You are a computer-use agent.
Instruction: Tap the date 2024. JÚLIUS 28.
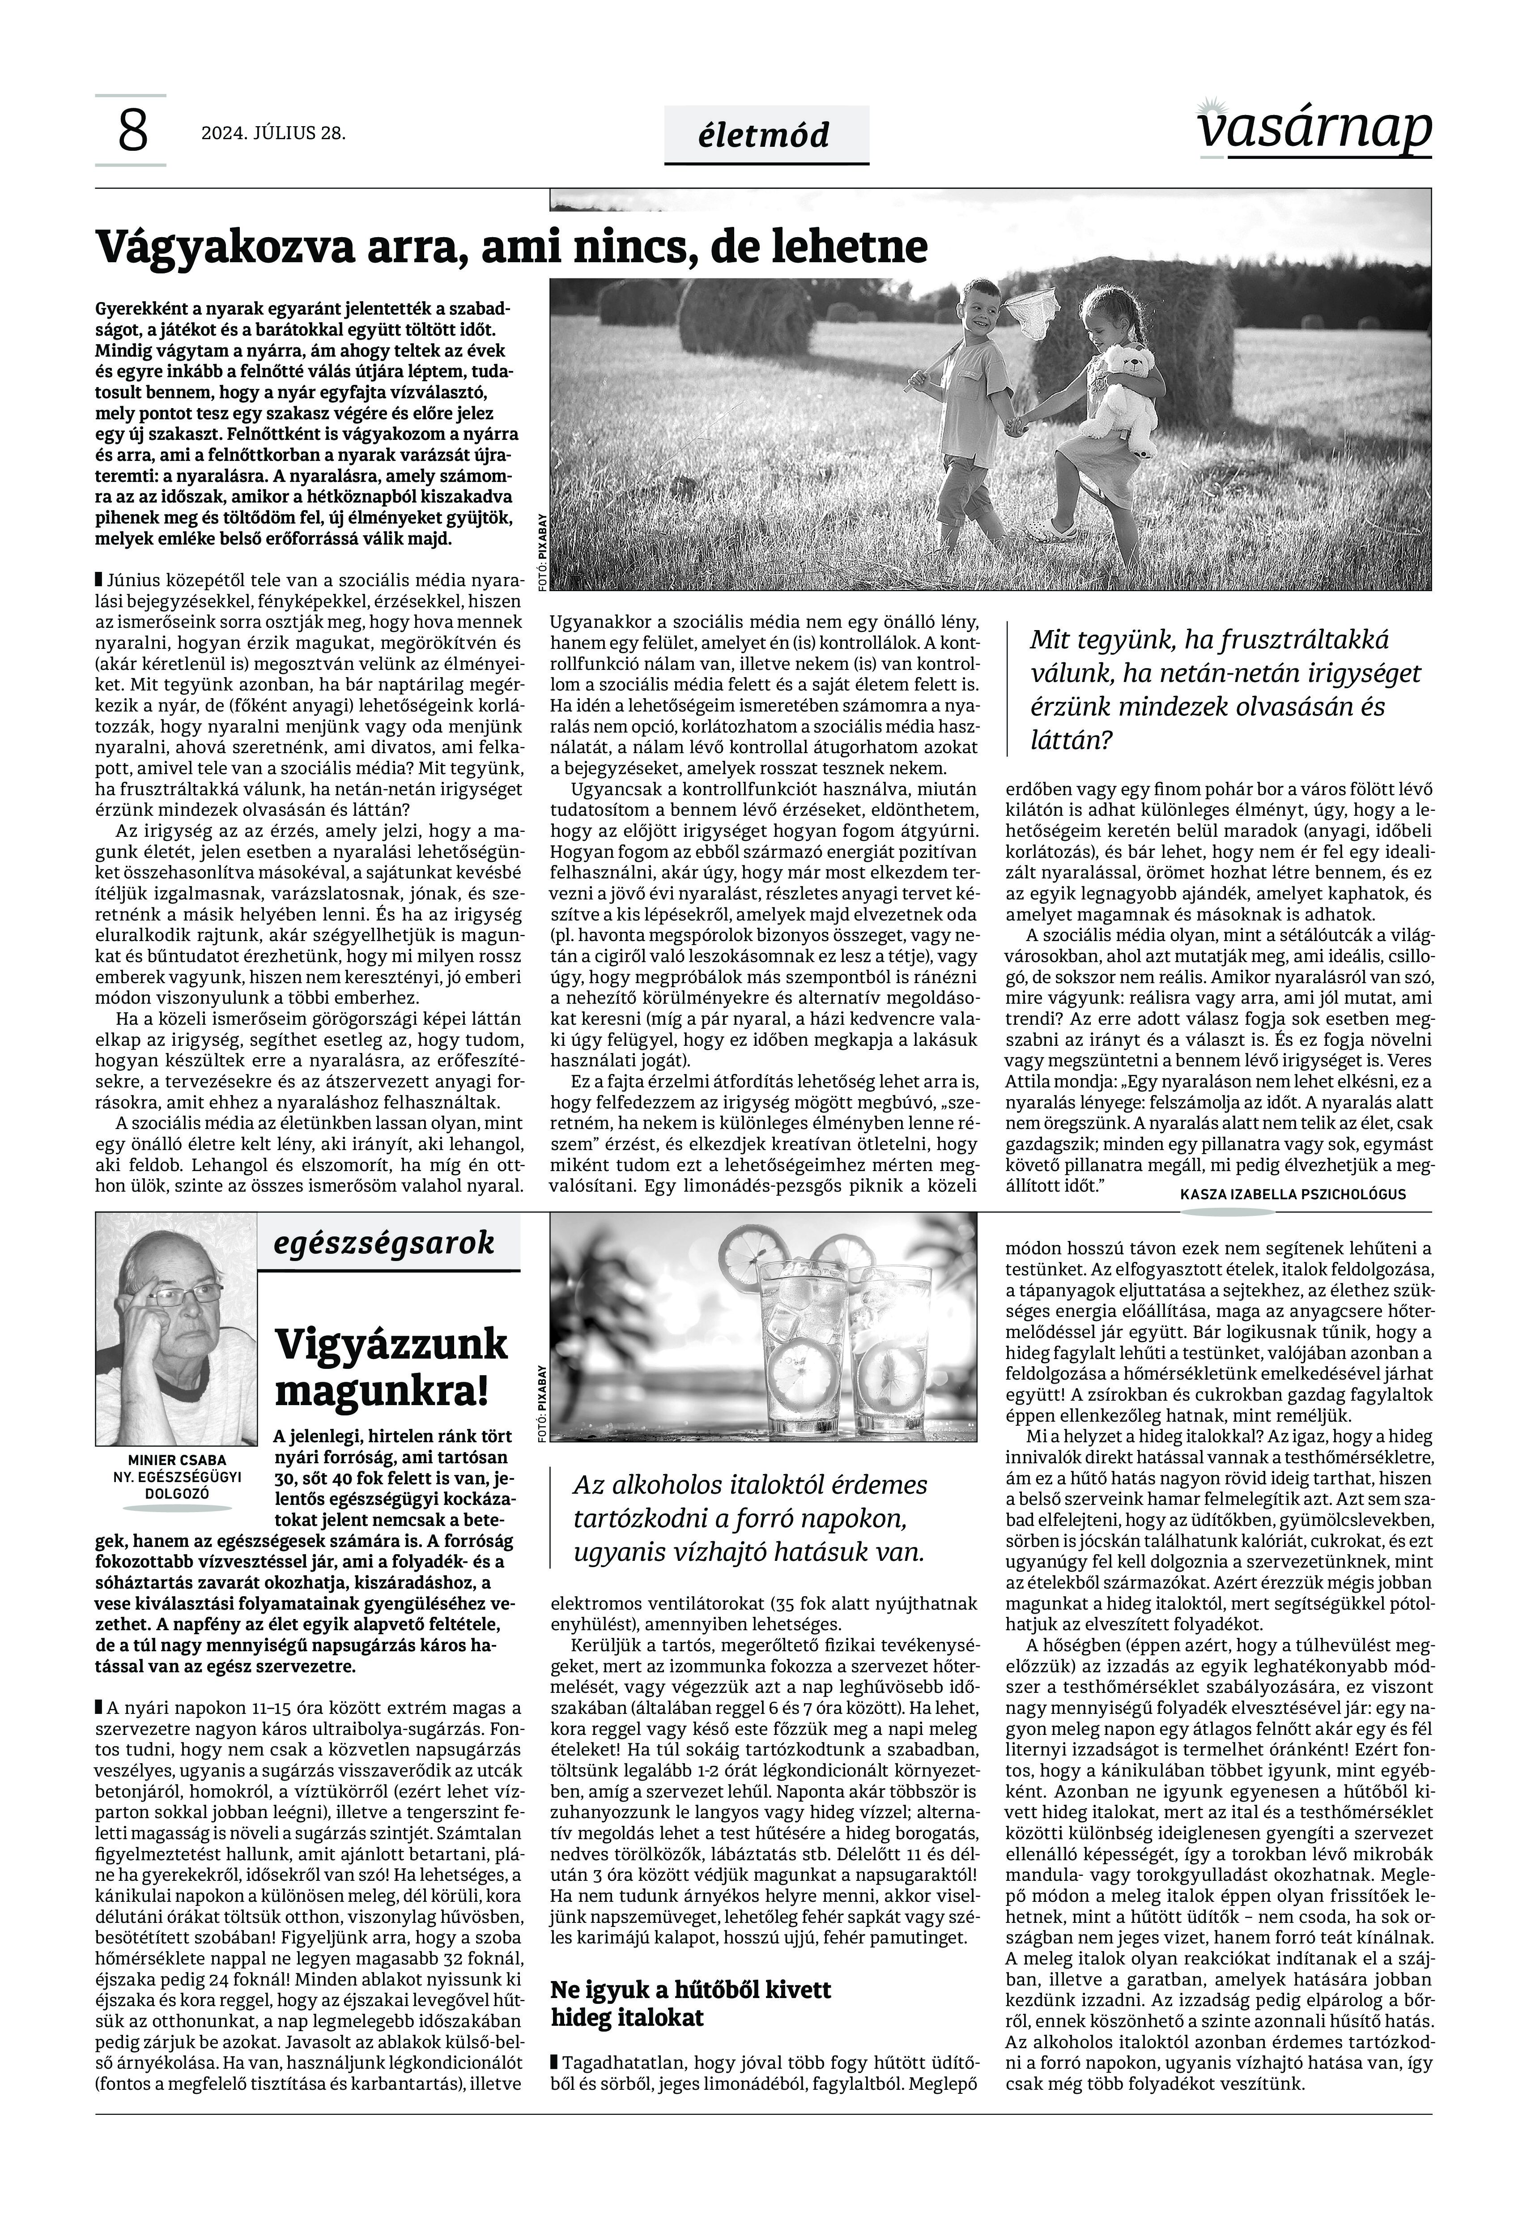[272, 133]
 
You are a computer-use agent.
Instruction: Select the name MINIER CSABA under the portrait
[177, 1460]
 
